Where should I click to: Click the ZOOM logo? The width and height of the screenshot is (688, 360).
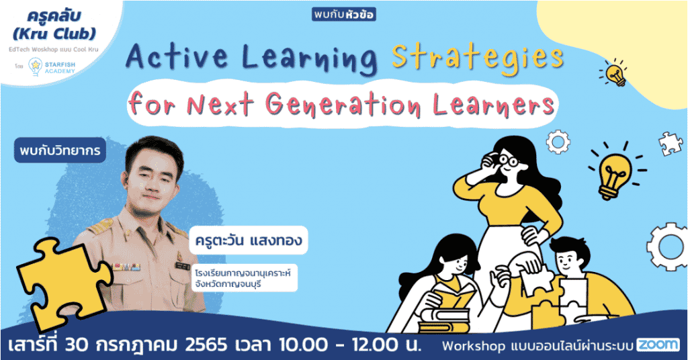click(658, 345)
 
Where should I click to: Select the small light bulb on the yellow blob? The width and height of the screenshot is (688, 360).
click(615, 73)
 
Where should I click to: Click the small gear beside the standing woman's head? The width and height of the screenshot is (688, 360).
click(557, 142)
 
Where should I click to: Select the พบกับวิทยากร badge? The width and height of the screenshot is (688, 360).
click(59, 151)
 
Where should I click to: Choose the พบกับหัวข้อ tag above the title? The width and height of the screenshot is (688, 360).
click(343, 14)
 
